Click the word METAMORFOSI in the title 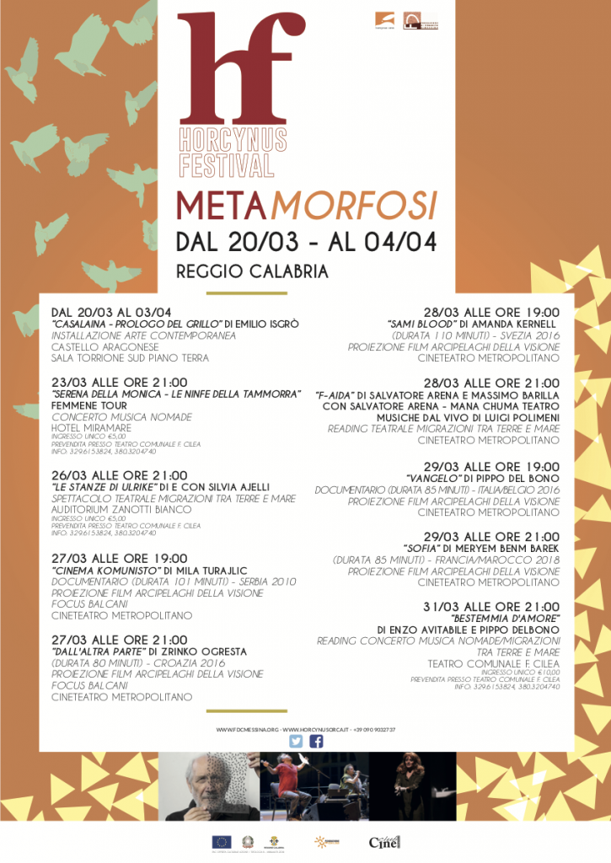click(306, 205)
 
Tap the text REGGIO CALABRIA click(251, 271)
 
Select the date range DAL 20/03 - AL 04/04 click(306, 241)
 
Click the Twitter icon click(296, 742)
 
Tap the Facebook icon click(317, 742)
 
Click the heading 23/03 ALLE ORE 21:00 click(120, 383)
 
